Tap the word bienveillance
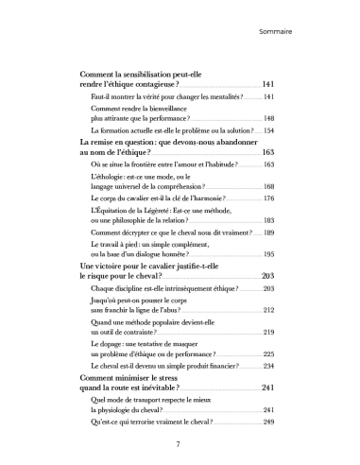coord(173,109)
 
